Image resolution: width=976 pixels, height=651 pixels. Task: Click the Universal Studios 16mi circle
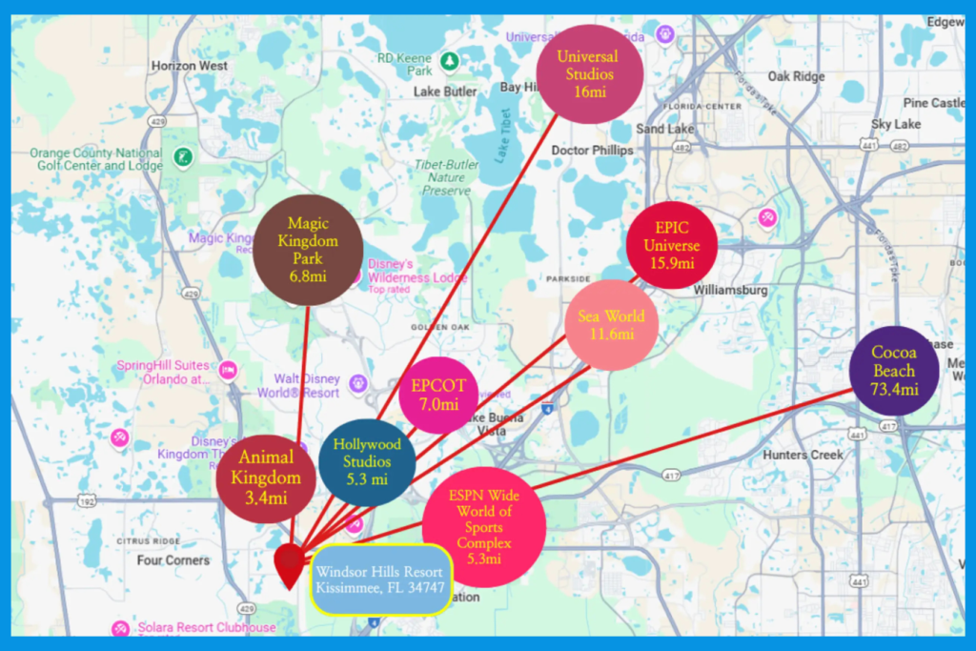coord(589,73)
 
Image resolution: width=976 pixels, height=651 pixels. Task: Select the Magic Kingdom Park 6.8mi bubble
coord(308,250)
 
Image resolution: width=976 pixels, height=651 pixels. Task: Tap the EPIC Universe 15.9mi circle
coord(671,245)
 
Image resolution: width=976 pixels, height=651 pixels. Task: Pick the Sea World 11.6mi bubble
coord(612,325)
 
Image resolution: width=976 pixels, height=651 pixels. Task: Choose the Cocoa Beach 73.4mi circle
coord(893,371)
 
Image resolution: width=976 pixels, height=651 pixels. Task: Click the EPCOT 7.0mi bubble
coord(438,395)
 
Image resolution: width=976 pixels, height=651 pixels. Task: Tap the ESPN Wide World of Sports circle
coord(483,527)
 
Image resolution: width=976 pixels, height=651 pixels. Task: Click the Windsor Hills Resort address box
coord(379,580)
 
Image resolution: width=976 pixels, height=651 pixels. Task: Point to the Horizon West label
coord(190,66)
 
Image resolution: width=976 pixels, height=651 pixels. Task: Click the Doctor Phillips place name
coord(592,151)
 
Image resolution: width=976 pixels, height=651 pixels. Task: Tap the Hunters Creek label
coord(803,455)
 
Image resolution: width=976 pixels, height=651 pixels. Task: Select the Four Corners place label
coord(173,560)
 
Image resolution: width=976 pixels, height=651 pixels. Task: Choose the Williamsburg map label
coord(732,289)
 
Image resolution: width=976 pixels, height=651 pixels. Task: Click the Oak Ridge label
coord(796,76)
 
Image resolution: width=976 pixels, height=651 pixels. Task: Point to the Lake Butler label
coord(445,92)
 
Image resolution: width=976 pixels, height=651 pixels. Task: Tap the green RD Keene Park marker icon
coord(448,62)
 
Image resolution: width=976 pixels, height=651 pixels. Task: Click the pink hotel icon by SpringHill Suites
coord(228,369)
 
